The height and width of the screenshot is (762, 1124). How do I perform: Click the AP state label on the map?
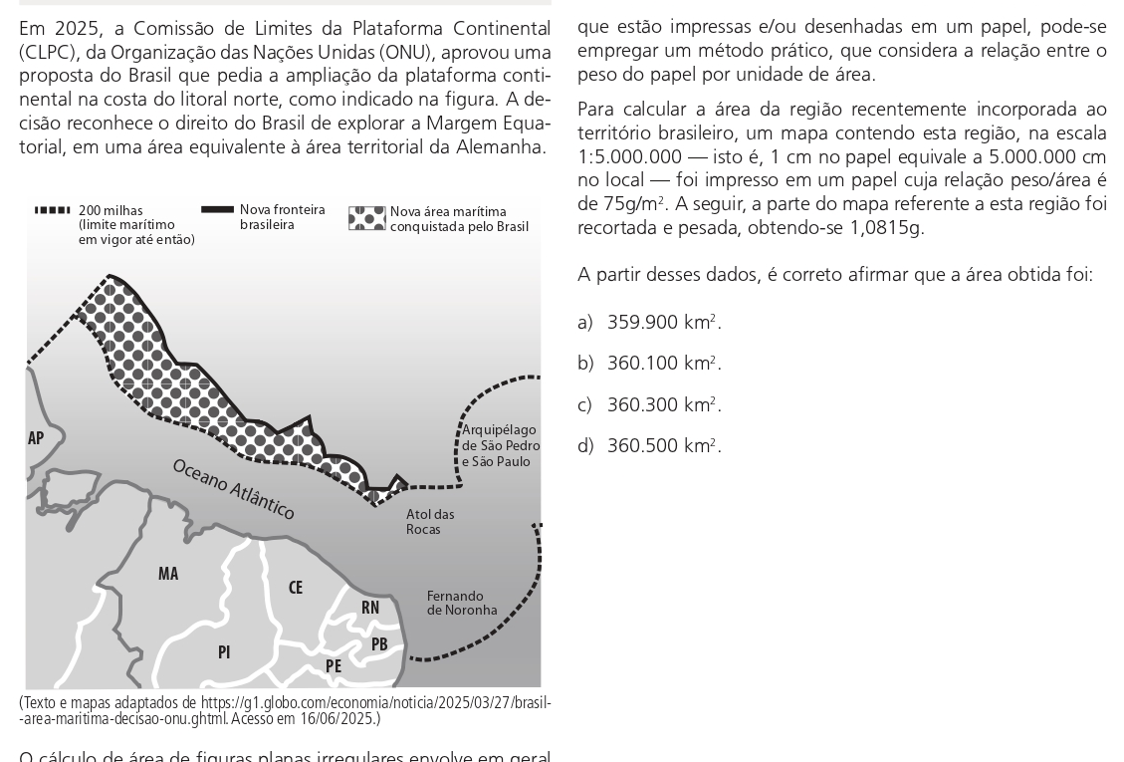[x=36, y=438]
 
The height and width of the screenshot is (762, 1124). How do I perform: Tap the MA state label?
[x=168, y=574]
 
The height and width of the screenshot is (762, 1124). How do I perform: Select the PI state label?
[x=224, y=652]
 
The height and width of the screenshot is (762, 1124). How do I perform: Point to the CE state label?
[x=296, y=588]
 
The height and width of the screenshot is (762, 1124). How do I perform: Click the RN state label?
[x=370, y=608]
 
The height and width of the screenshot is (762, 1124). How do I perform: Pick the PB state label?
[x=379, y=644]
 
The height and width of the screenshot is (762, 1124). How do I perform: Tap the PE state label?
[x=334, y=666]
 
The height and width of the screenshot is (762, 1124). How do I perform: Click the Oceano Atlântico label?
[x=234, y=489]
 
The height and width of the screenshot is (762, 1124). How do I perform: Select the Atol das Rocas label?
[x=430, y=522]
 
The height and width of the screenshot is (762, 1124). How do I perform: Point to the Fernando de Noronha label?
[x=462, y=604]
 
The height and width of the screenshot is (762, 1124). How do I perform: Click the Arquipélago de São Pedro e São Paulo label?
[x=501, y=446]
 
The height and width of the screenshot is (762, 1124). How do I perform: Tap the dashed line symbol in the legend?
[x=52, y=210]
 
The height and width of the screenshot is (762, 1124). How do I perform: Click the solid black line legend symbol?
[x=217, y=210]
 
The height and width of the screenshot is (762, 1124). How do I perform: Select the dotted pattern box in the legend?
[x=366, y=218]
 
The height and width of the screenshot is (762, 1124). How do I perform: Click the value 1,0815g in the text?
[x=886, y=228]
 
